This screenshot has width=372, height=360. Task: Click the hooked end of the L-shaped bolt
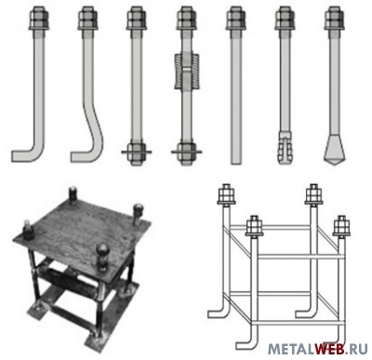tap(23, 154)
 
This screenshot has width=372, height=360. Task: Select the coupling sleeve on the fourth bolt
tap(186, 71)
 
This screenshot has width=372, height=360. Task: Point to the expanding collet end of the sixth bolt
tap(286, 148)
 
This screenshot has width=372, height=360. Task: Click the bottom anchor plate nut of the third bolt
tap(136, 153)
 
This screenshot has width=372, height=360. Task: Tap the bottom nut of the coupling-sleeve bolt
tap(186, 153)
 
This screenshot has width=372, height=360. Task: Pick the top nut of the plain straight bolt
tap(235, 19)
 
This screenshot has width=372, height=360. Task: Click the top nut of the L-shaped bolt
tap(39, 19)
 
